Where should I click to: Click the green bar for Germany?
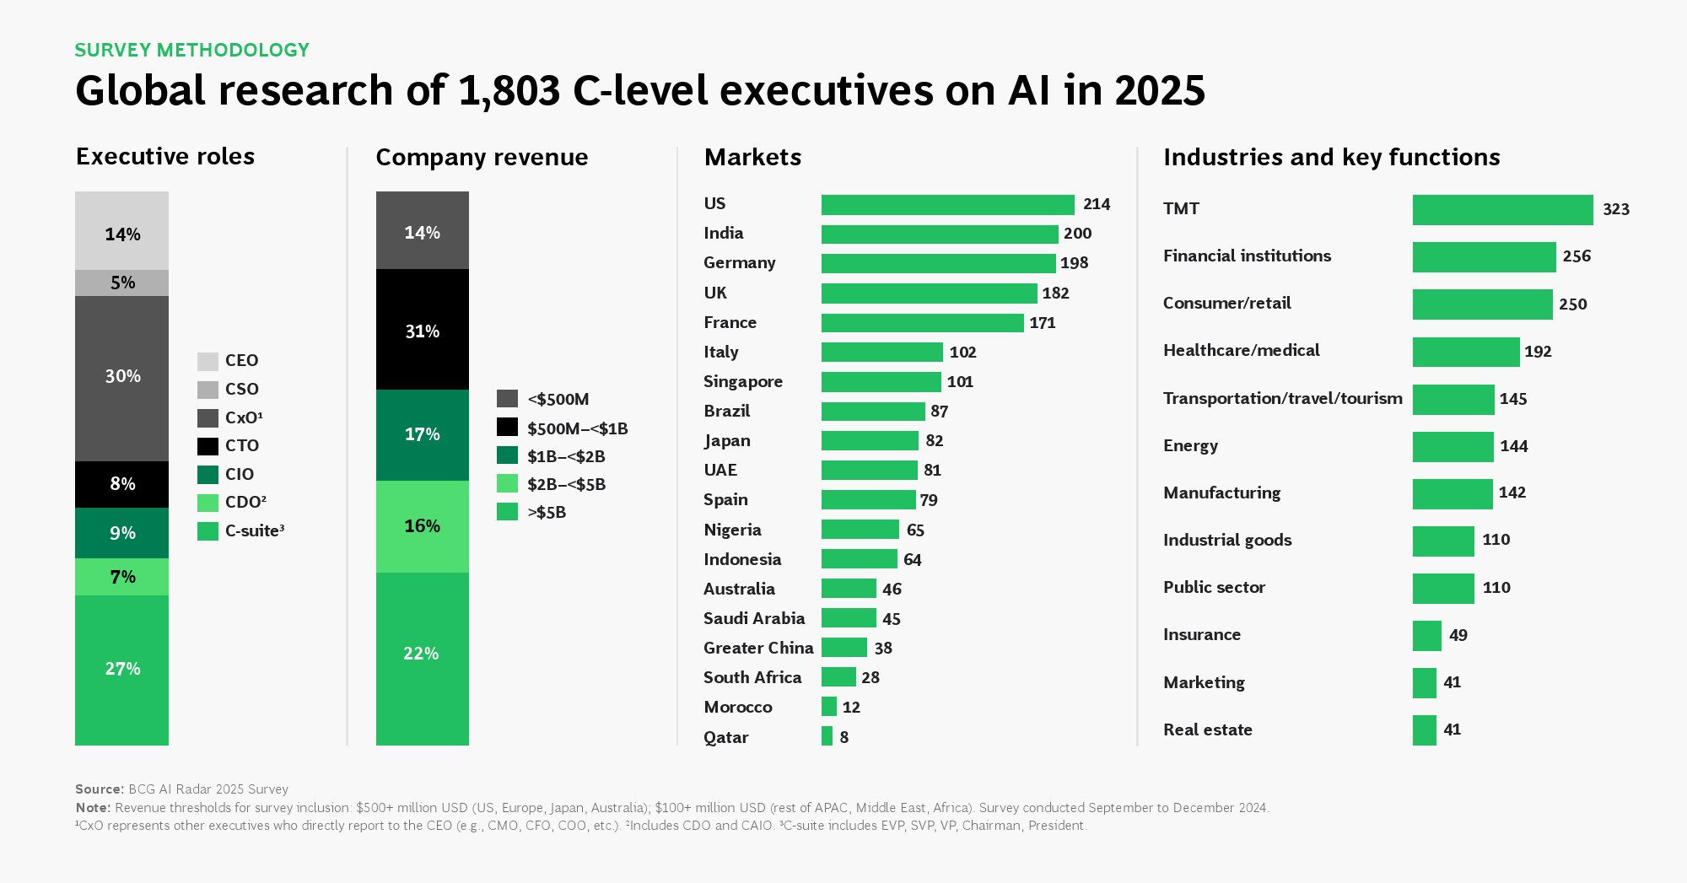pyautogui.click(x=938, y=263)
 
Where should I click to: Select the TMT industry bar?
pyautogui.click(x=1502, y=210)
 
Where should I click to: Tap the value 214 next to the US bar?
pyautogui.click(x=1096, y=204)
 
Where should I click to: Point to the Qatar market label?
pyautogui.click(x=725, y=737)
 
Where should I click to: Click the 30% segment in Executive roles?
pyautogui.click(x=121, y=377)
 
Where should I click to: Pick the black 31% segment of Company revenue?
pyautogui.click(x=422, y=331)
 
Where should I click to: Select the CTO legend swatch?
pyautogui.click(x=208, y=446)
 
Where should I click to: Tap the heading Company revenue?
pyautogui.click(x=482, y=158)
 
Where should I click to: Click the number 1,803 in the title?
pyautogui.click(x=509, y=91)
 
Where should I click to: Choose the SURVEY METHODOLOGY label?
pyautogui.click(x=191, y=51)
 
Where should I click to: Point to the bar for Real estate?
pyautogui.click(x=1424, y=730)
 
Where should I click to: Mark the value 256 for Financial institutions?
pyautogui.click(x=1576, y=256)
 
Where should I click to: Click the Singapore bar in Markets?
pyautogui.click(x=881, y=382)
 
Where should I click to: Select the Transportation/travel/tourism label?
pyautogui.click(x=1282, y=398)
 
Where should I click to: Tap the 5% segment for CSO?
pyautogui.click(x=121, y=283)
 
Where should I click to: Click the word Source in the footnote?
pyautogui.click(x=99, y=789)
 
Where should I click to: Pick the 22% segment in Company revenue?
pyautogui.click(x=422, y=654)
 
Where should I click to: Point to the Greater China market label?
pyautogui.click(x=757, y=648)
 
